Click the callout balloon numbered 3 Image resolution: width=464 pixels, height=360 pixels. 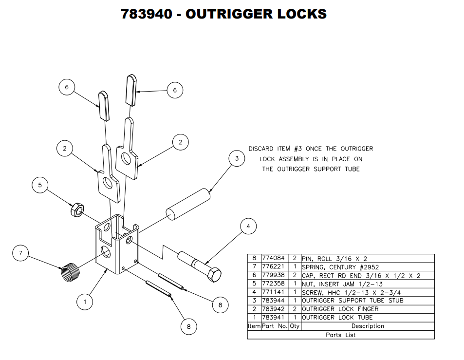pos(237,159)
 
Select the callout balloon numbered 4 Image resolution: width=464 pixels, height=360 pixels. pos(248,227)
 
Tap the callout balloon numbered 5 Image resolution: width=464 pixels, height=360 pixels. pos(40,185)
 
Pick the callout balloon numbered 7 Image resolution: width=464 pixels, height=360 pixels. pos(20,253)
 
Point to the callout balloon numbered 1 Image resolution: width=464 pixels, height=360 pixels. pos(85,302)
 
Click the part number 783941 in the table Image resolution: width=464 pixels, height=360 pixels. pos(273,318)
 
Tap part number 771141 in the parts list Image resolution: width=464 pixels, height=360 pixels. pos(273,292)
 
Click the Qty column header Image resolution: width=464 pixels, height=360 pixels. pos(295,326)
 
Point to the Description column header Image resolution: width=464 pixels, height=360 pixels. pos(368,326)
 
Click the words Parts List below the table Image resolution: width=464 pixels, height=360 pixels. pos(340,335)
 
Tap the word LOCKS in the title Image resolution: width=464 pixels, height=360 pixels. pos(302,14)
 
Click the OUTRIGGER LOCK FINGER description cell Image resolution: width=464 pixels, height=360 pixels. pos(340,309)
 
